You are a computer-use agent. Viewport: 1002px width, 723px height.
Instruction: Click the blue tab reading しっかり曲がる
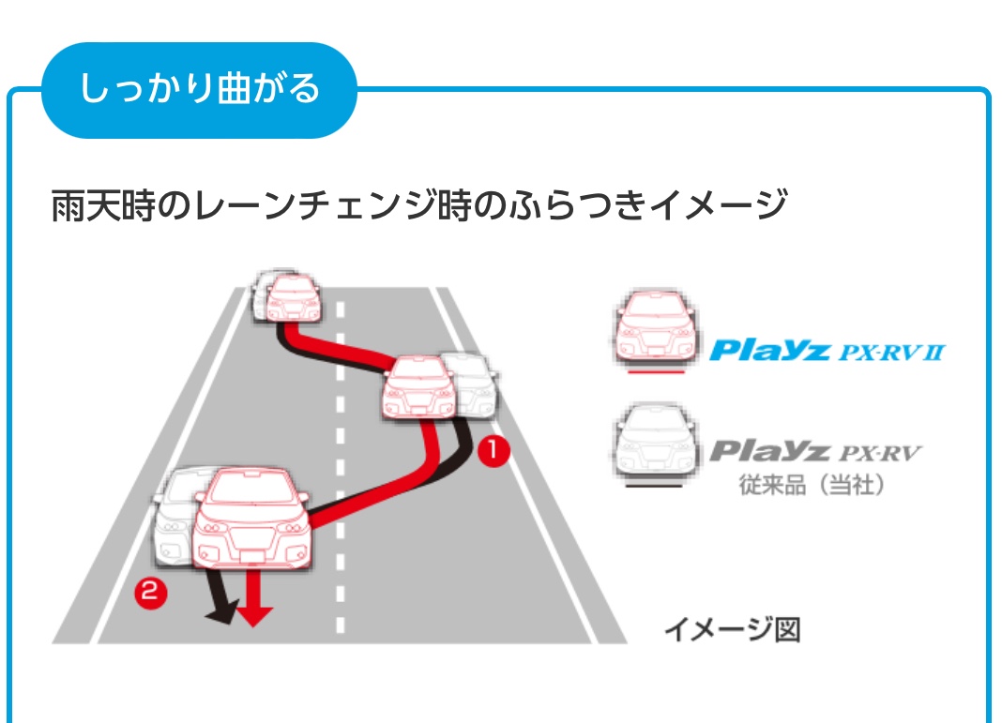click(199, 90)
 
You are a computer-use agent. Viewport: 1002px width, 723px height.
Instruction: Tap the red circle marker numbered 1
click(493, 451)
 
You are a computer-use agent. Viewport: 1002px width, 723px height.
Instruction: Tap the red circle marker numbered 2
click(150, 592)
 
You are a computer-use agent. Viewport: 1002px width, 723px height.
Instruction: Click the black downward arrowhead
click(220, 614)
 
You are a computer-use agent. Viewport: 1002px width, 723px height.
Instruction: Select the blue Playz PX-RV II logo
click(827, 352)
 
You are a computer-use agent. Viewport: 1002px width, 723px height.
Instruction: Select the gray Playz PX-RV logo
click(814, 454)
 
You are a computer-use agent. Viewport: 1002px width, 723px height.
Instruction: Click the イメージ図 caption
click(732, 629)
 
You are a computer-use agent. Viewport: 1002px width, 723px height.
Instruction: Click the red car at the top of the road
click(294, 298)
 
